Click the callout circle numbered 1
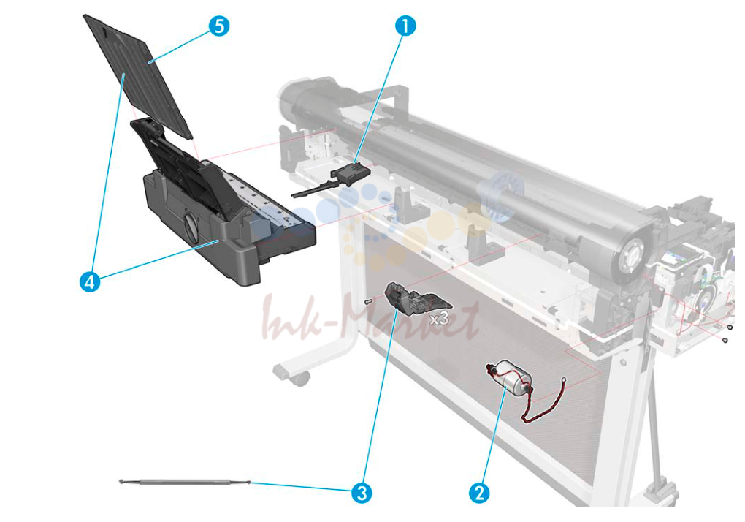tap(405, 26)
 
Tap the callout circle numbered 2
tap(479, 493)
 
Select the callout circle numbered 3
tap(362, 493)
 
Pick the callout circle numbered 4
tap(90, 282)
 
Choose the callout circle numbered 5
tap(219, 26)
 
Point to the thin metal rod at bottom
tap(185, 483)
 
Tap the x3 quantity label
tap(439, 319)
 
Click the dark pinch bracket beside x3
tap(414, 298)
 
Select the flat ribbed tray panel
tap(138, 76)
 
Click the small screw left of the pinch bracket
tap(367, 301)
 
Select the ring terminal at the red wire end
tap(564, 379)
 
